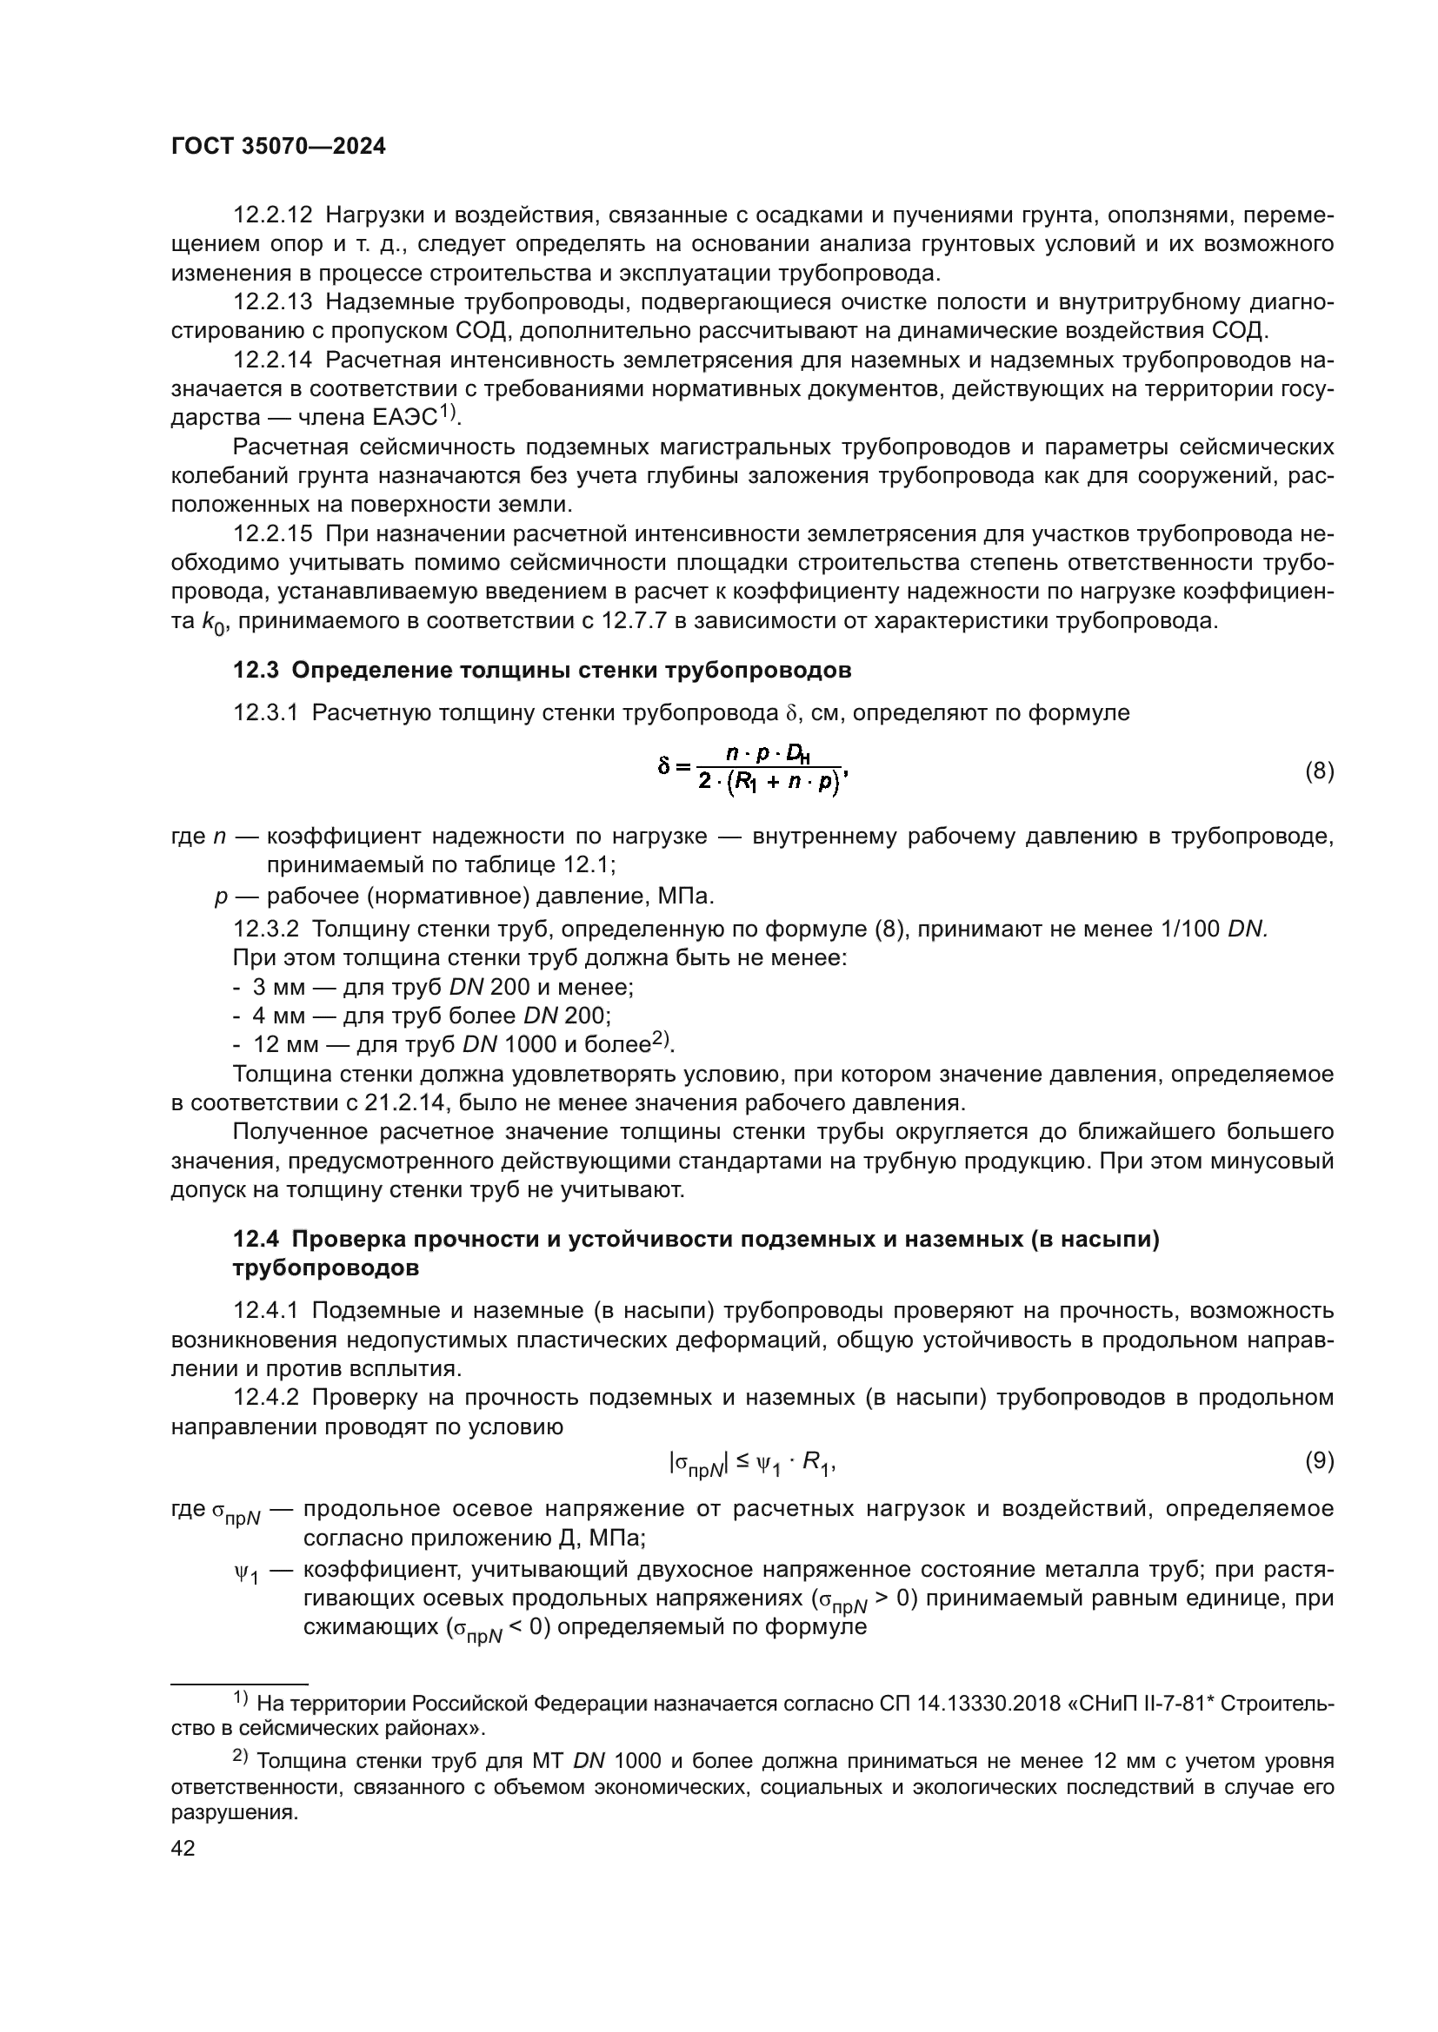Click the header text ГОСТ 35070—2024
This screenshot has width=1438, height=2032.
point(278,147)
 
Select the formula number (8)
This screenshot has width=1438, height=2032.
point(1320,771)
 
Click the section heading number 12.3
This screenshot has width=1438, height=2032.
point(255,670)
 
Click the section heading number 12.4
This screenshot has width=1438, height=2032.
point(255,1240)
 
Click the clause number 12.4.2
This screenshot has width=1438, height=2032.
point(267,1399)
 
